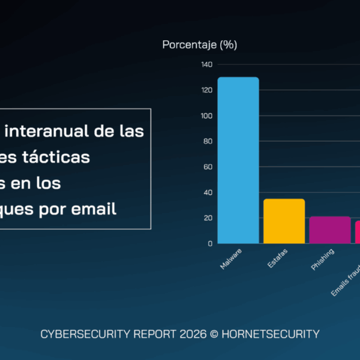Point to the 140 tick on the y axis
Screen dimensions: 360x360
206,64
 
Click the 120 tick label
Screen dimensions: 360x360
206,90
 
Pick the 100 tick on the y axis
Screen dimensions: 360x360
206,116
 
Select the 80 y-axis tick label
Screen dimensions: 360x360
207,142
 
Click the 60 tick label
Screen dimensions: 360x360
207,167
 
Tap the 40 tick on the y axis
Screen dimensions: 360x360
207,193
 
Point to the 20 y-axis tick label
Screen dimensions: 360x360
207,218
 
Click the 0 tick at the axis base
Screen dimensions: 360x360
209,244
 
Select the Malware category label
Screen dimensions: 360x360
231,258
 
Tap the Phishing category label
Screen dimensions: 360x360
323,259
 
